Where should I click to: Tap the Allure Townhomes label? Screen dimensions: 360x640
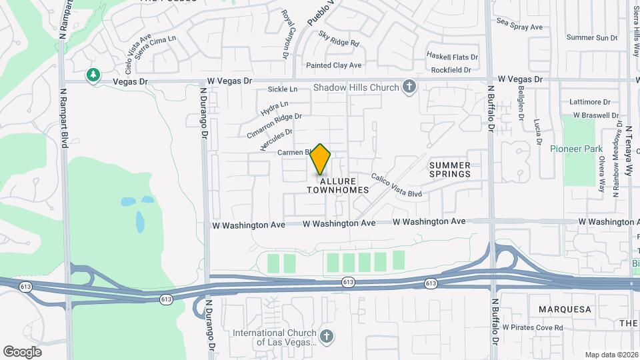click(337, 185)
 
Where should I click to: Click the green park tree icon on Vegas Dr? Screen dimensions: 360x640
click(93, 75)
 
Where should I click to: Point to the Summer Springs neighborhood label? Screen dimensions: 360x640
click(450, 169)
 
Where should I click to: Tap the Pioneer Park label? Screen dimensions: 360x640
click(576, 149)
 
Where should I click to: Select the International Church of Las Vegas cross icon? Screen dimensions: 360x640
click(326, 335)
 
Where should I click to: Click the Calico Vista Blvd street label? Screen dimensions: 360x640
click(397, 185)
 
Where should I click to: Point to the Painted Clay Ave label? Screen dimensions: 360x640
click(333, 65)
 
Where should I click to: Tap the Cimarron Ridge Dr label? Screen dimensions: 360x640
click(274, 125)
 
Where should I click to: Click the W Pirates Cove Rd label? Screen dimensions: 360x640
click(533, 327)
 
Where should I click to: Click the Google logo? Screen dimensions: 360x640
click(22, 351)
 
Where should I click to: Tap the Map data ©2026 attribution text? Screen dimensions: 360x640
click(611, 355)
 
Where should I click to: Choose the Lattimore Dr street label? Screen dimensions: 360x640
click(590, 103)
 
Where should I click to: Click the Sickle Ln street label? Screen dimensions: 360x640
click(282, 89)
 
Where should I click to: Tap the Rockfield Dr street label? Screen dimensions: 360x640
click(451, 69)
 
